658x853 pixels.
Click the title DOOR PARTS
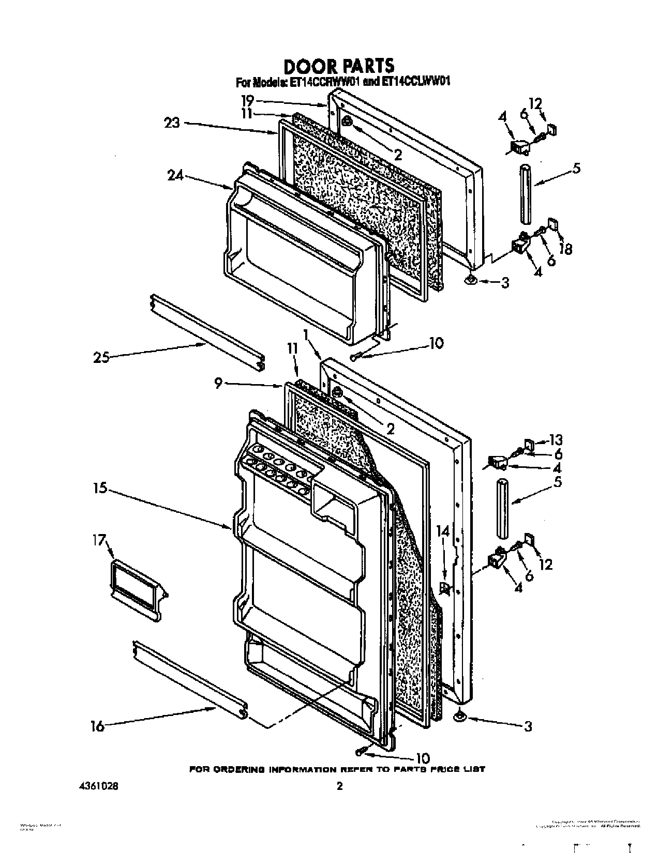click(339, 66)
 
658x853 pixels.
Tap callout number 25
click(101, 357)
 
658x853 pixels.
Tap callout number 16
click(97, 726)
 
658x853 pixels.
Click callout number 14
click(443, 531)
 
